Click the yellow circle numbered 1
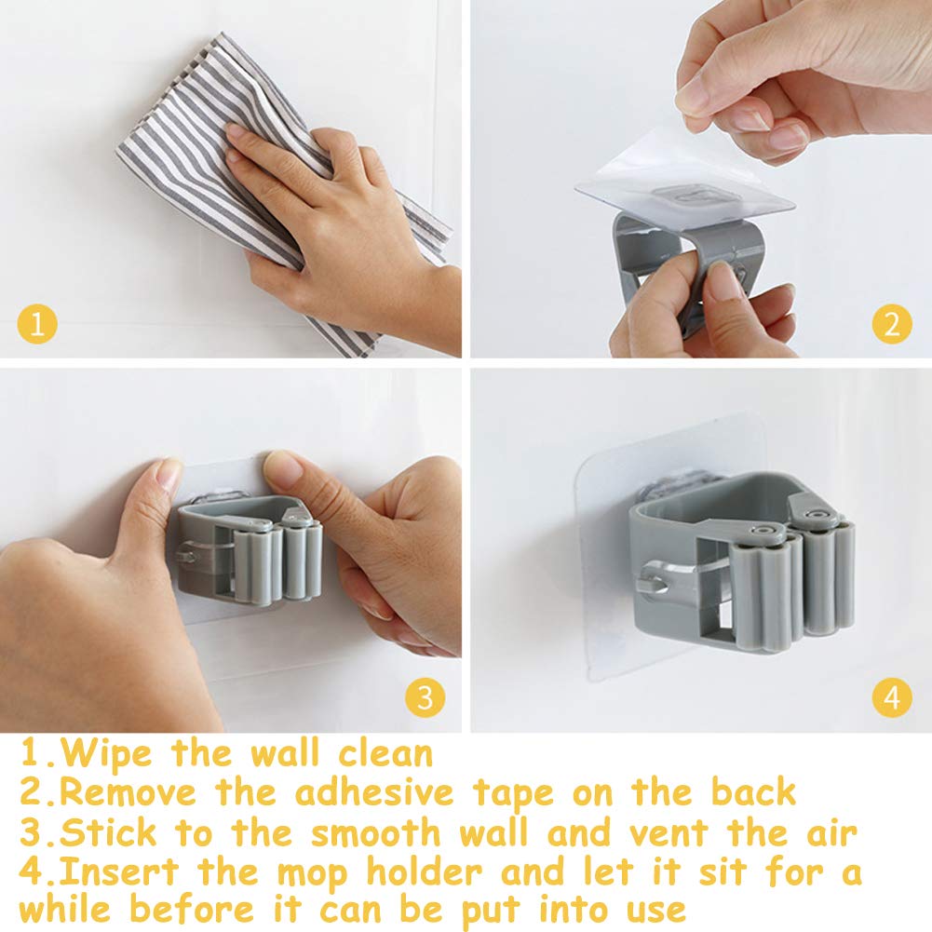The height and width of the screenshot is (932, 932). [x=37, y=324]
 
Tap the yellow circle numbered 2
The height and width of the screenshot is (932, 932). [x=892, y=324]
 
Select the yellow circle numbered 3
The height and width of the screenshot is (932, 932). [x=425, y=697]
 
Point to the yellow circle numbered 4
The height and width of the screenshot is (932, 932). [x=892, y=697]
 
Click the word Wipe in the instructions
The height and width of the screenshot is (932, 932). [x=106, y=754]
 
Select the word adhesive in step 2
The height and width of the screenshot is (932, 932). [x=375, y=793]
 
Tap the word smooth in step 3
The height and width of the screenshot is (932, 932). [x=375, y=832]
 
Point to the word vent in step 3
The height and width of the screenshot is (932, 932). [x=669, y=833]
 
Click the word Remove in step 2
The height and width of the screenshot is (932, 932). [x=128, y=793]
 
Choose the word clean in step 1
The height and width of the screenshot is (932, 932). [x=385, y=753]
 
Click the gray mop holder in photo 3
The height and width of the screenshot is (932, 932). [x=250, y=550]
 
